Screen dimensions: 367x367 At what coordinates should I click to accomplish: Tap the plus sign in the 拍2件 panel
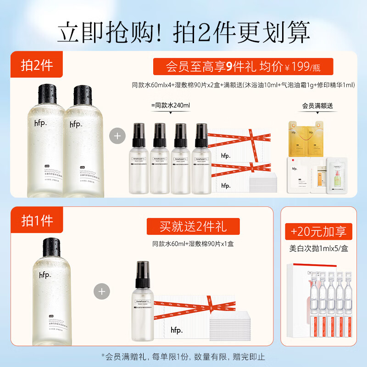pyautogui.click(x=118, y=136)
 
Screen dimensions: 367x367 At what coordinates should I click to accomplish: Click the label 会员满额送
pyautogui.click(x=317, y=106)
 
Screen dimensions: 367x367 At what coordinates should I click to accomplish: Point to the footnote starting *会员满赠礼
pyautogui.click(x=183, y=356)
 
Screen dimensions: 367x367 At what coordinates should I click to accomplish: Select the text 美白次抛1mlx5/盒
pyautogui.click(x=318, y=250)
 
